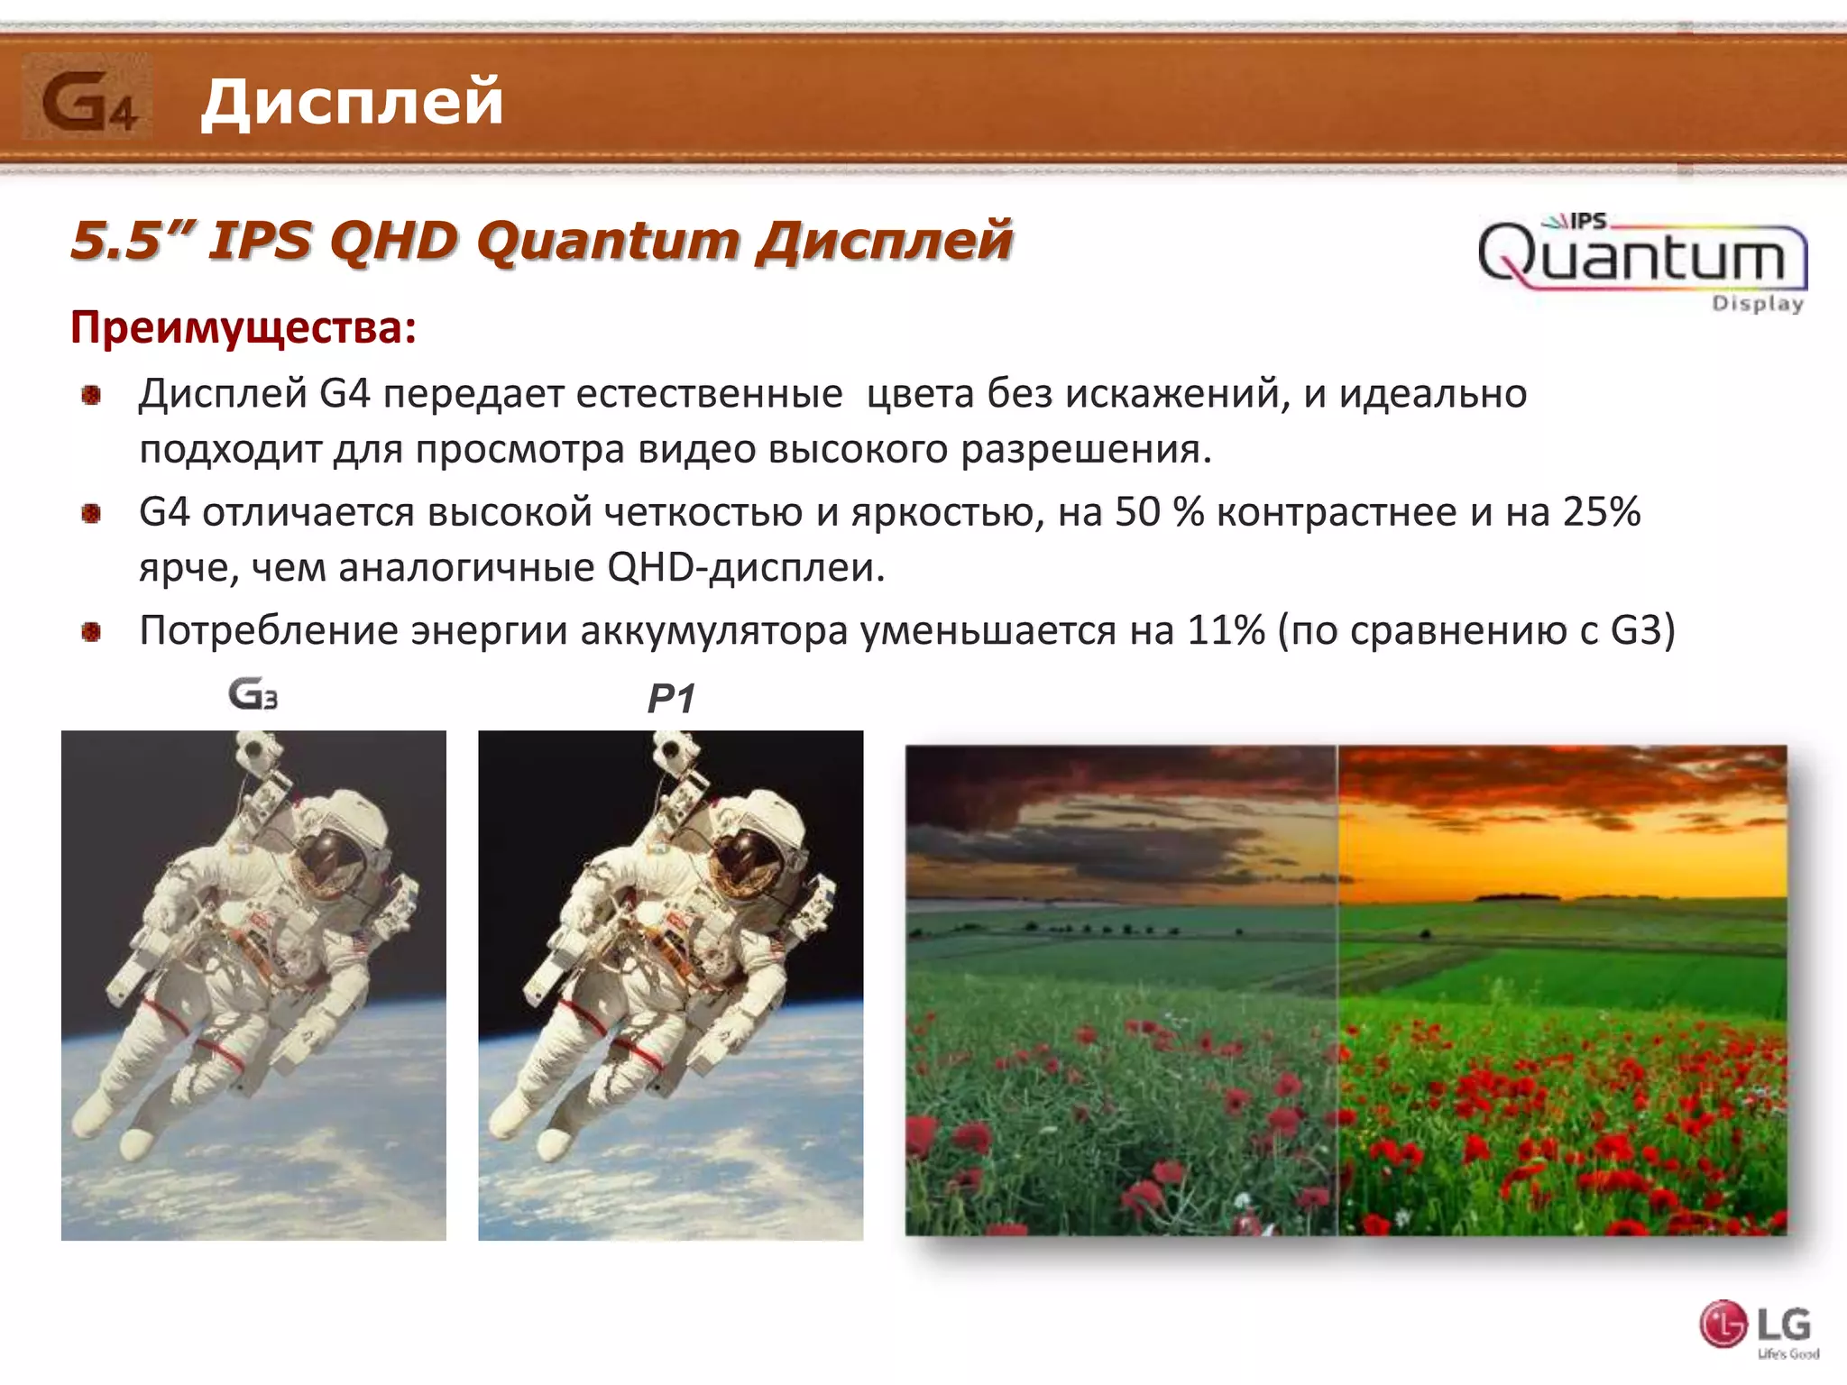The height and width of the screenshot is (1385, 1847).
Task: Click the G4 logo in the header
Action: pyautogui.click(x=87, y=100)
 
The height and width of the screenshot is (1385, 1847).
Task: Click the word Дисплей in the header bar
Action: pyautogui.click(x=352, y=101)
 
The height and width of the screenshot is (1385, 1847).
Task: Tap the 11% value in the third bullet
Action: pyautogui.click(x=1226, y=630)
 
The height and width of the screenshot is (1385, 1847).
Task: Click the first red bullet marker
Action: pyautogui.click(x=91, y=395)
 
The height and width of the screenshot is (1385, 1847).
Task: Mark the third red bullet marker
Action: pyautogui.click(x=91, y=632)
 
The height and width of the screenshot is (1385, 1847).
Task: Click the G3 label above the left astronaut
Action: pyautogui.click(x=253, y=694)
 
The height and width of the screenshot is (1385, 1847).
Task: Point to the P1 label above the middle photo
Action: pyautogui.click(x=671, y=699)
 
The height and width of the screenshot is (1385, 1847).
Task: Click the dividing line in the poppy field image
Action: pyautogui.click(x=1337, y=992)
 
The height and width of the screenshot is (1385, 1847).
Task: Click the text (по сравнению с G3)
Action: pyautogui.click(x=1476, y=630)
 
